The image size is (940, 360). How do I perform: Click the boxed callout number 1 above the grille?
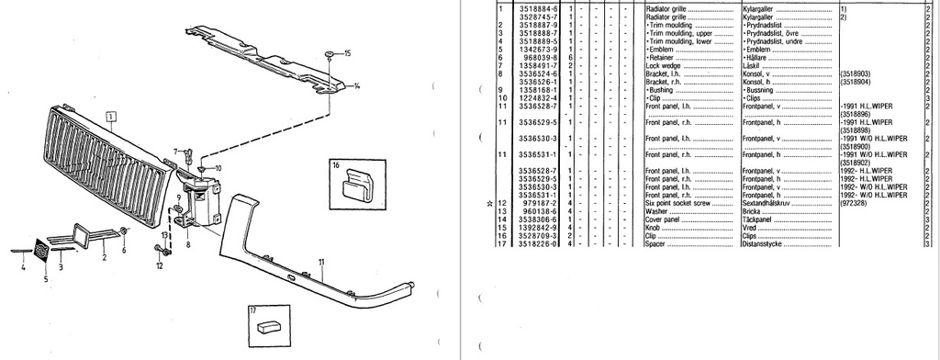pyautogui.click(x=111, y=117)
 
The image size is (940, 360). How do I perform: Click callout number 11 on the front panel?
pyautogui.click(x=322, y=263)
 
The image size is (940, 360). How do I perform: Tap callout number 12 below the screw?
pyautogui.click(x=159, y=266)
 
